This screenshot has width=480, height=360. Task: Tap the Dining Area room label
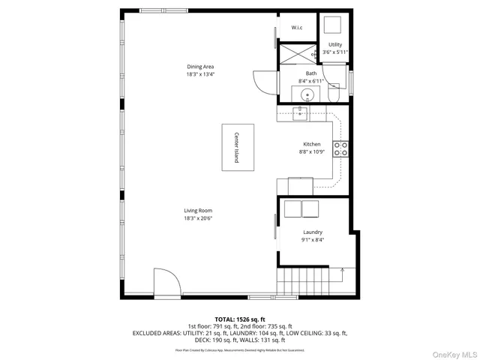pyautogui.click(x=200, y=67)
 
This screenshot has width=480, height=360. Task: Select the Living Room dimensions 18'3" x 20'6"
pyautogui.click(x=199, y=218)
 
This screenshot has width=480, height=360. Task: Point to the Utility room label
pyautogui.click(x=335, y=45)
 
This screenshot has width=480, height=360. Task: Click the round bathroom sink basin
pyautogui.click(x=306, y=95)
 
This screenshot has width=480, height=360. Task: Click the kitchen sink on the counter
pyautogui.click(x=300, y=113)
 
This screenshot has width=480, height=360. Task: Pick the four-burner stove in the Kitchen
pyautogui.click(x=340, y=148)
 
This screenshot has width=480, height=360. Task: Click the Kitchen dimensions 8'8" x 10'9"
pyautogui.click(x=311, y=152)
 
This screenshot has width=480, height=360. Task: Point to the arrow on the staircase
pyautogui.click(x=342, y=271)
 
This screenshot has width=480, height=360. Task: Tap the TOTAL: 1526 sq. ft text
pyautogui.click(x=240, y=319)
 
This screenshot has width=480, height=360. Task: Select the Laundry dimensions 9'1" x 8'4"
pyautogui.click(x=313, y=240)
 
